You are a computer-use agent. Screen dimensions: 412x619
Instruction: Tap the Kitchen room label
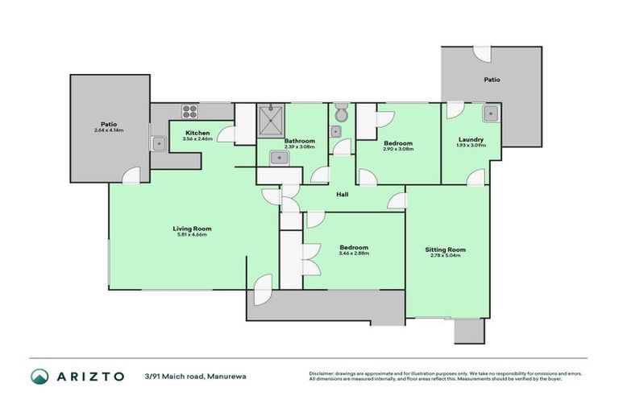(x=197, y=133)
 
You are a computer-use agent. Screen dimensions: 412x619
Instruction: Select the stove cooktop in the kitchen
(x=190, y=111)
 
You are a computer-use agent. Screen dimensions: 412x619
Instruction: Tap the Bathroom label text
(x=299, y=141)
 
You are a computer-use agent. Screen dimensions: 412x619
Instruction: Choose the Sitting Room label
(x=445, y=249)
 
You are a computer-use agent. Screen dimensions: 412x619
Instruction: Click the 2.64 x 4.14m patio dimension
(x=109, y=130)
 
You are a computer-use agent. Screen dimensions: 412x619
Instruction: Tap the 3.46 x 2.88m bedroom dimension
(x=354, y=253)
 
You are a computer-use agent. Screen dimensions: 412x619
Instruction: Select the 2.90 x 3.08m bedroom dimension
(x=398, y=149)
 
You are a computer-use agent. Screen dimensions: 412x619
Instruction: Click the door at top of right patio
(x=481, y=52)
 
